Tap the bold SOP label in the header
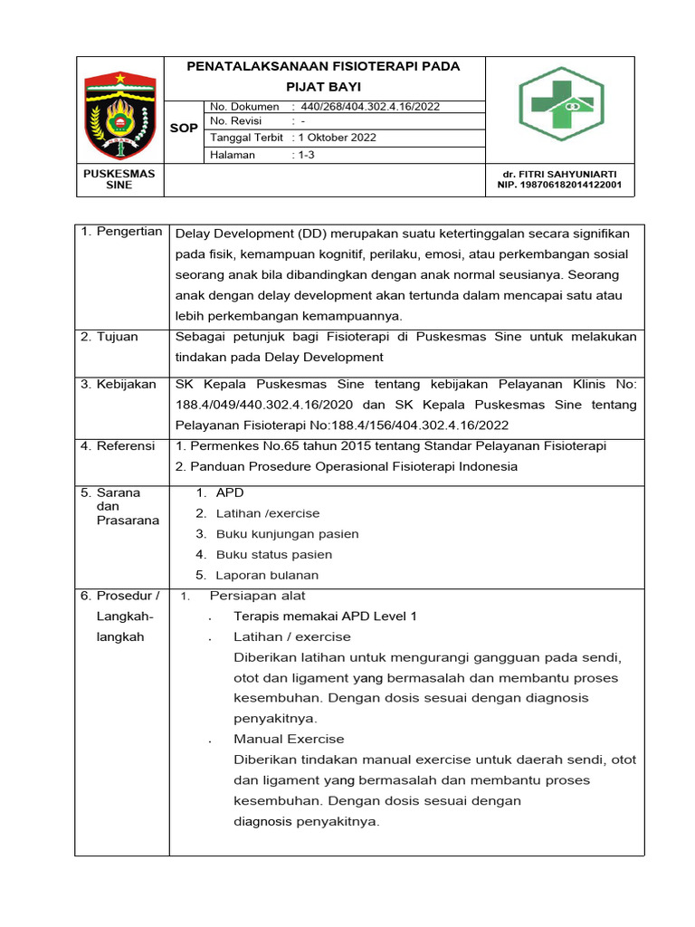184,129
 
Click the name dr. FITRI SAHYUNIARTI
559,173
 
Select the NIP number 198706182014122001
559,185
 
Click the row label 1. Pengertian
121,232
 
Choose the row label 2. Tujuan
109,337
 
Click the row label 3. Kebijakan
118,384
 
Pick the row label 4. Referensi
118,446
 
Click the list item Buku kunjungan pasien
287,534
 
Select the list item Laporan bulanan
267,575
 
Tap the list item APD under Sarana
230,492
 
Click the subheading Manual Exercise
289,739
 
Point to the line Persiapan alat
257,596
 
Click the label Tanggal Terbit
247,138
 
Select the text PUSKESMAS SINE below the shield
119,178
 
